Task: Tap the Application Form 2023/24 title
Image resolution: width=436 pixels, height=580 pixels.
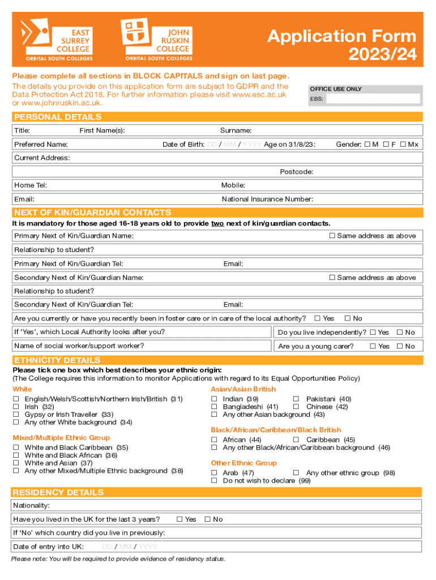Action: click(x=341, y=45)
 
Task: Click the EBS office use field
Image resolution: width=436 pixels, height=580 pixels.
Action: click(x=373, y=99)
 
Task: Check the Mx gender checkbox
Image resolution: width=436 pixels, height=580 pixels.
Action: click(x=403, y=144)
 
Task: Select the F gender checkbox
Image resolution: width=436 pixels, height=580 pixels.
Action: click(x=386, y=144)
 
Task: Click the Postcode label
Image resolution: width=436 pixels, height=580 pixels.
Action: click(x=297, y=172)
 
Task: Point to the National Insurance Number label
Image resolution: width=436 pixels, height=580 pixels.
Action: click(x=267, y=199)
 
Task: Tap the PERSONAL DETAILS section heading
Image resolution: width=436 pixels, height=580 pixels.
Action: click(x=58, y=117)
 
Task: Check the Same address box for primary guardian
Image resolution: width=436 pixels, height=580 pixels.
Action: click(x=332, y=236)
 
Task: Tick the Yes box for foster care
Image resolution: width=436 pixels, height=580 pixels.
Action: click(x=317, y=318)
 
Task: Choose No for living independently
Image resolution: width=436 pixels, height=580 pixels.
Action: click(x=399, y=332)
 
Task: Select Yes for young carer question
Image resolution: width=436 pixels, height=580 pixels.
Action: click(x=373, y=346)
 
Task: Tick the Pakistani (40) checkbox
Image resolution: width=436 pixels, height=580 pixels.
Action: click(x=296, y=399)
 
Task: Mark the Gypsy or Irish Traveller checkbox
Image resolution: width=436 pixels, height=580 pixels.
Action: click(x=16, y=415)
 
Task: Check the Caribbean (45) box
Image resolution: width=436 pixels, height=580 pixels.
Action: click(x=296, y=440)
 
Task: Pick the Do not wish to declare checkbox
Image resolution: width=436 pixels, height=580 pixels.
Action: click(x=215, y=481)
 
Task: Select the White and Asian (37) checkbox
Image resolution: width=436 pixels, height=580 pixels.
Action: click(x=16, y=463)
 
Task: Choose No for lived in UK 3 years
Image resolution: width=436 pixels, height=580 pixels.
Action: click(x=207, y=519)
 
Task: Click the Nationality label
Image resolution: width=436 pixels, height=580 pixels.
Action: click(x=32, y=505)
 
